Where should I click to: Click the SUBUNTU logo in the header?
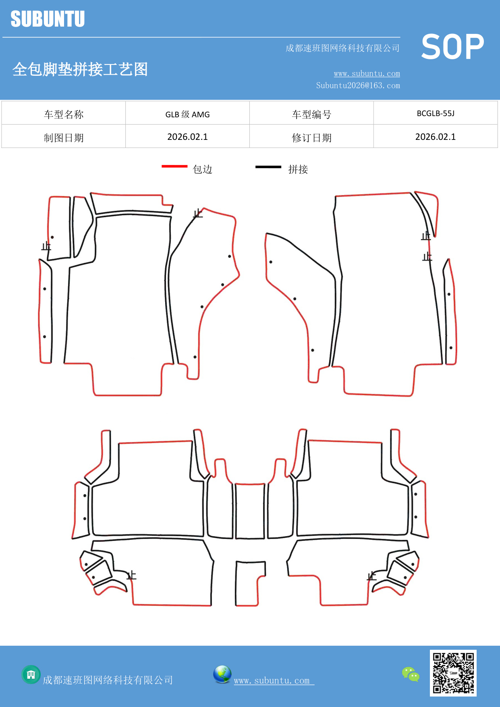48,19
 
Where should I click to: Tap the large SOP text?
452,47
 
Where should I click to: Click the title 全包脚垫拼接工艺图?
80,69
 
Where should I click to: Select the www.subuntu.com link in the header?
367,73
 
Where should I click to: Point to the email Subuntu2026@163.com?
358,85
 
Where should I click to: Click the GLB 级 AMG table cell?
187,114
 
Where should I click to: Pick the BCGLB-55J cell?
435,113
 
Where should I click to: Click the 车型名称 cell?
64,114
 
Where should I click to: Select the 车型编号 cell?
311,114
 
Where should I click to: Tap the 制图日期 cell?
64,138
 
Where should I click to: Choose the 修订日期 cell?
311,138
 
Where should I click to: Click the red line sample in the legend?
174,166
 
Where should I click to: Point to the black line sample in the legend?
268,166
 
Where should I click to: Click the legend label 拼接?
298,169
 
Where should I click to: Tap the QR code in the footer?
453,673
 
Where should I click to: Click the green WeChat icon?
411,674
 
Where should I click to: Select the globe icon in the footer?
222,674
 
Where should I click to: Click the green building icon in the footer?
31,674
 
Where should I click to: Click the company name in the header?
342,48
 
